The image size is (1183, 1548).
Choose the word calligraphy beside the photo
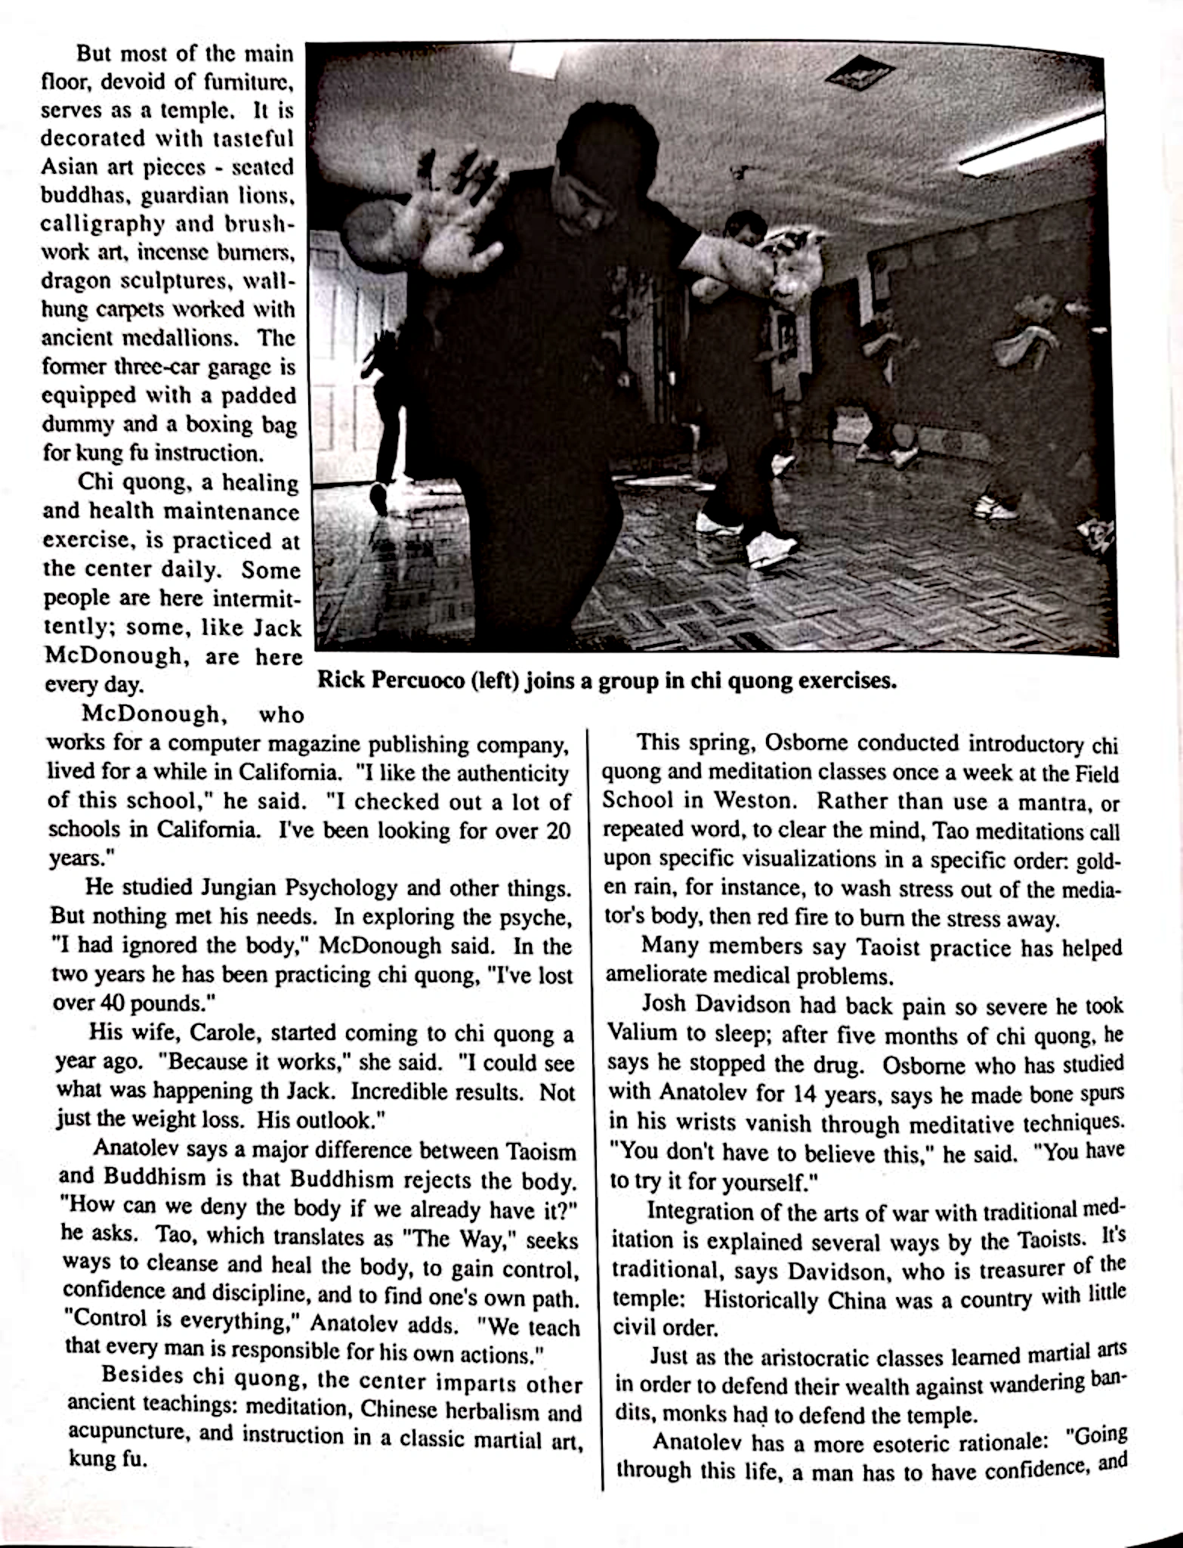(x=103, y=224)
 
